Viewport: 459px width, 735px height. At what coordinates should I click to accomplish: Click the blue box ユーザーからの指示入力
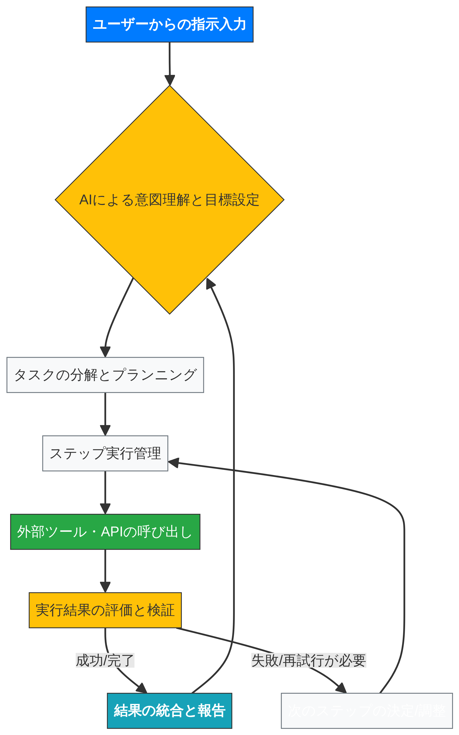click(x=169, y=24)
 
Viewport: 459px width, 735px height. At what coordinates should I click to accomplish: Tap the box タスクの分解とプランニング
click(x=105, y=375)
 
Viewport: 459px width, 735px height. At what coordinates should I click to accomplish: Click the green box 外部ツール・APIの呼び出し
click(x=105, y=532)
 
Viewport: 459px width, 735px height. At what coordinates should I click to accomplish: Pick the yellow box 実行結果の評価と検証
click(x=105, y=610)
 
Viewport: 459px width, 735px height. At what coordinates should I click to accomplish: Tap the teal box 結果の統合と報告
click(x=169, y=710)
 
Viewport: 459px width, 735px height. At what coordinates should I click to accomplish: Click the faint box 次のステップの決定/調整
click(x=367, y=710)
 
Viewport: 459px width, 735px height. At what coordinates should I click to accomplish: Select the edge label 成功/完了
click(x=105, y=660)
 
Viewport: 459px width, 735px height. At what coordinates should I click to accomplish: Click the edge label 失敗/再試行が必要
click(x=309, y=660)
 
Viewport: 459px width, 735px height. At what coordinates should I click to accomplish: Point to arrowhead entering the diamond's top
click(x=170, y=81)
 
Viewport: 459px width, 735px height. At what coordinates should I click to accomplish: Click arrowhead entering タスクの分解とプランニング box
click(x=105, y=352)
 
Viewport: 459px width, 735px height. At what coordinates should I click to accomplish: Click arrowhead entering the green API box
click(x=105, y=509)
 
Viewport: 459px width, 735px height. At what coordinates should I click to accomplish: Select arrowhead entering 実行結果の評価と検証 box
click(x=105, y=587)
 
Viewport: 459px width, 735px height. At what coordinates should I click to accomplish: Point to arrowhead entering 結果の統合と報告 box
click(x=142, y=688)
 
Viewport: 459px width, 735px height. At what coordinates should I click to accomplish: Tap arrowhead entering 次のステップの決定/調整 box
click(x=341, y=688)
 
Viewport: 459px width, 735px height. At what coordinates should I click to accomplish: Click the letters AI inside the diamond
click(x=86, y=200)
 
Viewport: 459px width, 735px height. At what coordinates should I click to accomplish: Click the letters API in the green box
click(x=112, y=532)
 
